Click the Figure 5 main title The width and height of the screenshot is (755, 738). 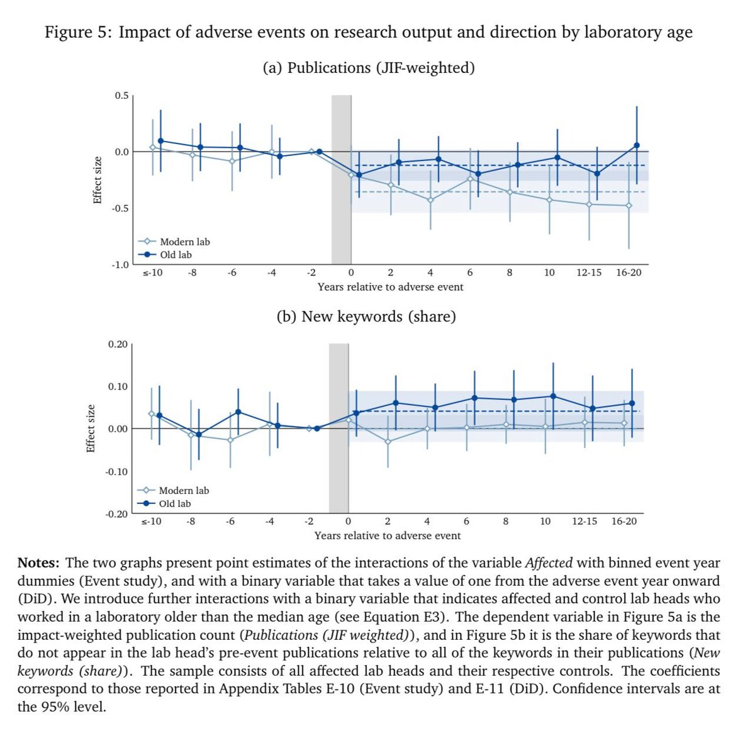click(x=368, y=33)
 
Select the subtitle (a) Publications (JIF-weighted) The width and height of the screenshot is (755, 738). click(x=368, y=68)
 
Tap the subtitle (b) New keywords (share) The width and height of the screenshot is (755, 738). click(x=366, y=316)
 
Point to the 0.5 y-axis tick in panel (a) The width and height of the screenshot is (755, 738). click(x=121, y=96)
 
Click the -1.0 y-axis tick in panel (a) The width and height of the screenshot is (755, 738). click(x=120, y=265)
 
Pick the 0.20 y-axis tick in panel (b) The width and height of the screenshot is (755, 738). click(x=118, y=344)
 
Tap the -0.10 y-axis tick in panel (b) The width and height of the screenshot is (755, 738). click(x=116, y=471)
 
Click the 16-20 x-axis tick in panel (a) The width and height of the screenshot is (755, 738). click(x=629, y=272)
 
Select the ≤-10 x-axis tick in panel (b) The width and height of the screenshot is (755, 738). click(x=151, y=522)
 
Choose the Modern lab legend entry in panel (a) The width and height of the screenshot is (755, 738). click(x=184, y=242)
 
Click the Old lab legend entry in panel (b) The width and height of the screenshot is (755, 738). click(x=175, y=503)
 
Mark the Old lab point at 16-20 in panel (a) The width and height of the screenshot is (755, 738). click(x=636, y=145)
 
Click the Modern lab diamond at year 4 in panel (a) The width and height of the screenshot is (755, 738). click(x=430, y=200)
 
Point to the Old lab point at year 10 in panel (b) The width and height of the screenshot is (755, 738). click(x=553, y=396)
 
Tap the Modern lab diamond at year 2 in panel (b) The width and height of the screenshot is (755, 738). click(x=388, y=442)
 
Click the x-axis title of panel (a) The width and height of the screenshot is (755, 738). click(x=390, y=287)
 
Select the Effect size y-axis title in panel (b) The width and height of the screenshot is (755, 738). click(x=91, y=428)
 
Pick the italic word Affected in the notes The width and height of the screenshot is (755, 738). click(x=548, y=563)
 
